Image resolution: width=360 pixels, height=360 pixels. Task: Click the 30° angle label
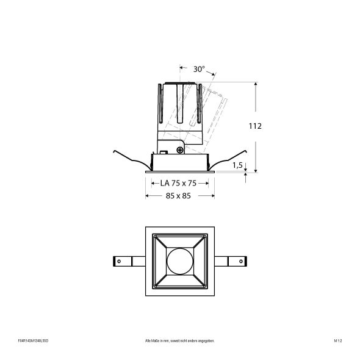click(x=199, y=69)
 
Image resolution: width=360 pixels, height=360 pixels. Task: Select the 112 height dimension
click(x=255, y=126)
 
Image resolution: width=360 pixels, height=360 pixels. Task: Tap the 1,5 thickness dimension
click(x=238, y=165)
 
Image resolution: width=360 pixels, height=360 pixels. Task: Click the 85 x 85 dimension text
click(x=178, y=196)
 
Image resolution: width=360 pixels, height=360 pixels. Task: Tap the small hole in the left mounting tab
click(x=120, y=261)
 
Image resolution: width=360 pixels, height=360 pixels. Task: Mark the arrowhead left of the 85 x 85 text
click(x=146, y=196)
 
